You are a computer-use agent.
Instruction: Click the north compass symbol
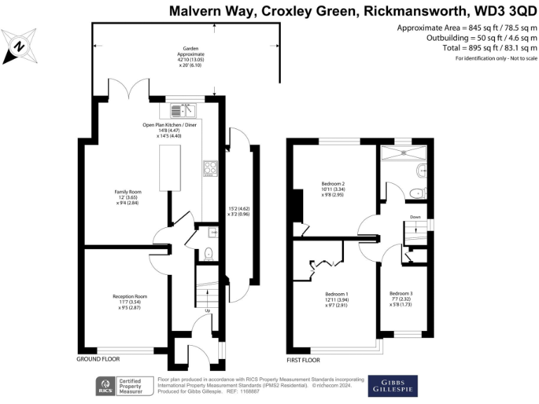[x=19, y=47]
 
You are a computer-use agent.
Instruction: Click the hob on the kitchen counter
[x=210, y=168]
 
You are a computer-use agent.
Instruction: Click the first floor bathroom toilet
[x=418, y=192]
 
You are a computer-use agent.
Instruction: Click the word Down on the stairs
[x=415, y=217]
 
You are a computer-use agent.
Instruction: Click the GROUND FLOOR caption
[x=98, y=359]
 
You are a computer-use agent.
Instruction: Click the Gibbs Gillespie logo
[x=392, y=386]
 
